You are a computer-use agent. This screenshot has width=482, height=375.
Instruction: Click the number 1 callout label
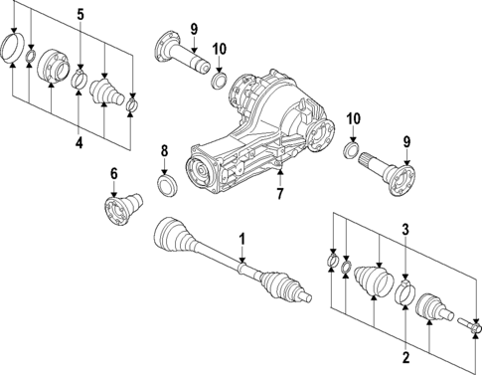[241, 238]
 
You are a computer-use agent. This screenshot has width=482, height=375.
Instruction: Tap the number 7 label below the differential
[280, 194]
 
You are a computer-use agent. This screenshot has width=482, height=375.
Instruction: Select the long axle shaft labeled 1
[229, 261]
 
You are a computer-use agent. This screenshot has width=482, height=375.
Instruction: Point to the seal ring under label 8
[167, 186]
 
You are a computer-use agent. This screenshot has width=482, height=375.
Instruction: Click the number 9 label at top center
[195, 27]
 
